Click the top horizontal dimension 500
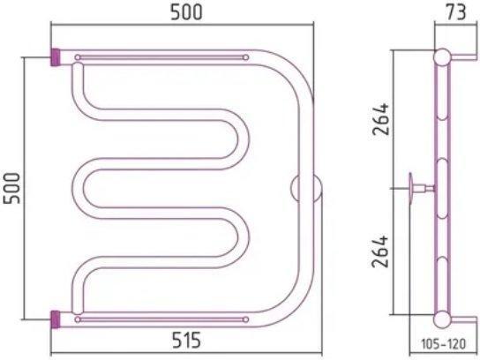(x=186, y=12)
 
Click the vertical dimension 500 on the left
(x=12, y=188)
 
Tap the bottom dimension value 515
(x=186, y=340)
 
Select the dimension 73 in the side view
(x=456, y=12)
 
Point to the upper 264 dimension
(x=380, y=119)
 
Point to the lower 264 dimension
(x=380, y=251)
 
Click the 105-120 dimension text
(x=444, y=343)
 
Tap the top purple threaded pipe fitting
(x=56, y=57)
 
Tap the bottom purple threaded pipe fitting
(x=56, y=319)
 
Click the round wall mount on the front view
(x=306, y=188)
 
